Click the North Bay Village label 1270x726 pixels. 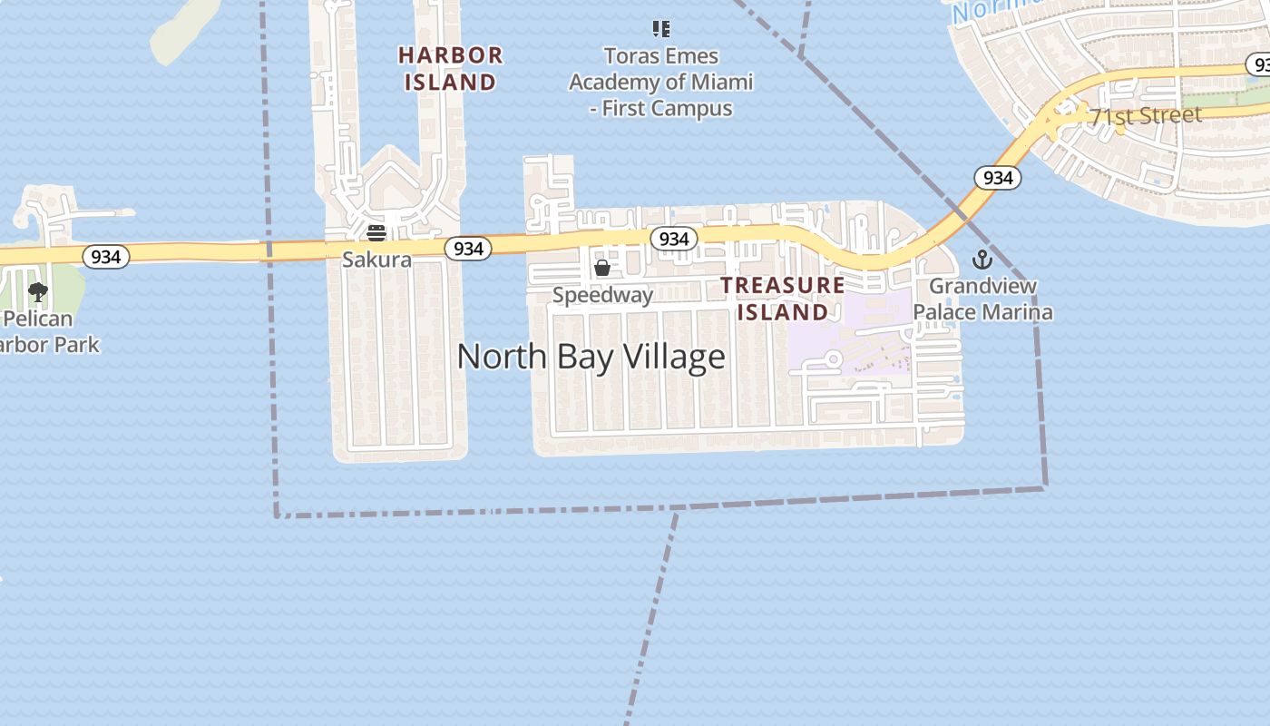(x=591, y=357)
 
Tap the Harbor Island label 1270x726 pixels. (x=450, y=68)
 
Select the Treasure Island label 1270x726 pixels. (x=782, y=299)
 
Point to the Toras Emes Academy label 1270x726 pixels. (x=660, y=83)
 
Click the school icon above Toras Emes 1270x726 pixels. (x=661, y=29)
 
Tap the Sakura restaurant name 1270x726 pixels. (x=376, y=260)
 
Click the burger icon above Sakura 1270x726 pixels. (x=376, y=233)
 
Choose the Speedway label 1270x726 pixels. (x=602, y=295)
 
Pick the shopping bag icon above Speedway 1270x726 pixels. (x=601, y=268)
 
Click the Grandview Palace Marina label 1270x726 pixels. (x=982, y=299)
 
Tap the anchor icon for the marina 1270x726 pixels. (x=982, y=260)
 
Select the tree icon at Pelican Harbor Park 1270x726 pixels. (x=38, y=291)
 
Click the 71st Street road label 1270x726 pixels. (x=1146, y=116)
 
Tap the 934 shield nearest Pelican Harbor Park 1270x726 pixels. (x=106, y=257)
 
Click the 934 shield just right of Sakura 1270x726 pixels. (x=468, y=248)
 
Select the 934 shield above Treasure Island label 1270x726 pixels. (x=673, y=239)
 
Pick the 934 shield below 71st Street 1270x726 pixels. (x=998, y=178)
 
